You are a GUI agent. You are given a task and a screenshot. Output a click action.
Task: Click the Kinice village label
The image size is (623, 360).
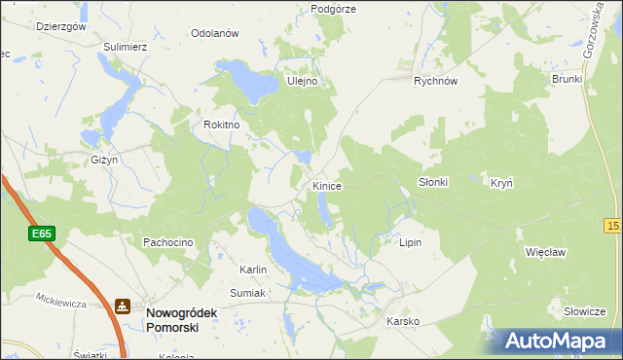(x=326, y=185)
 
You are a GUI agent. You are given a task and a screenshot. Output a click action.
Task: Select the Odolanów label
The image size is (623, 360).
(x=215, y=33)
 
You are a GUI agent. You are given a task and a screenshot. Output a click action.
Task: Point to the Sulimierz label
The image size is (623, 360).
(x=126, y=46)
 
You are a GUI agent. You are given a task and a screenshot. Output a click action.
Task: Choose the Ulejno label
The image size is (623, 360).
(x=302, y=82)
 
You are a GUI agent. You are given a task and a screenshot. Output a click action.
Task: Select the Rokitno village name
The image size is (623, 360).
(x=221, y=125)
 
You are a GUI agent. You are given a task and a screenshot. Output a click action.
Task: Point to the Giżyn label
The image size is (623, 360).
(x=103, y=159)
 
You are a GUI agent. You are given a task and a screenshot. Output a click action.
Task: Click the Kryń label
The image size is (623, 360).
(x=501, y=182)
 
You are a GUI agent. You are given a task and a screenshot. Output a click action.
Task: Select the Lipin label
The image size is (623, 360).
(x=410, y=241)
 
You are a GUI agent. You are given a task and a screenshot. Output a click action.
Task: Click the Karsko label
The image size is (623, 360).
(x=402, y=320)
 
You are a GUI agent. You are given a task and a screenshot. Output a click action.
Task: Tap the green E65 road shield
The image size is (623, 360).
(x=41, y=234)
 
